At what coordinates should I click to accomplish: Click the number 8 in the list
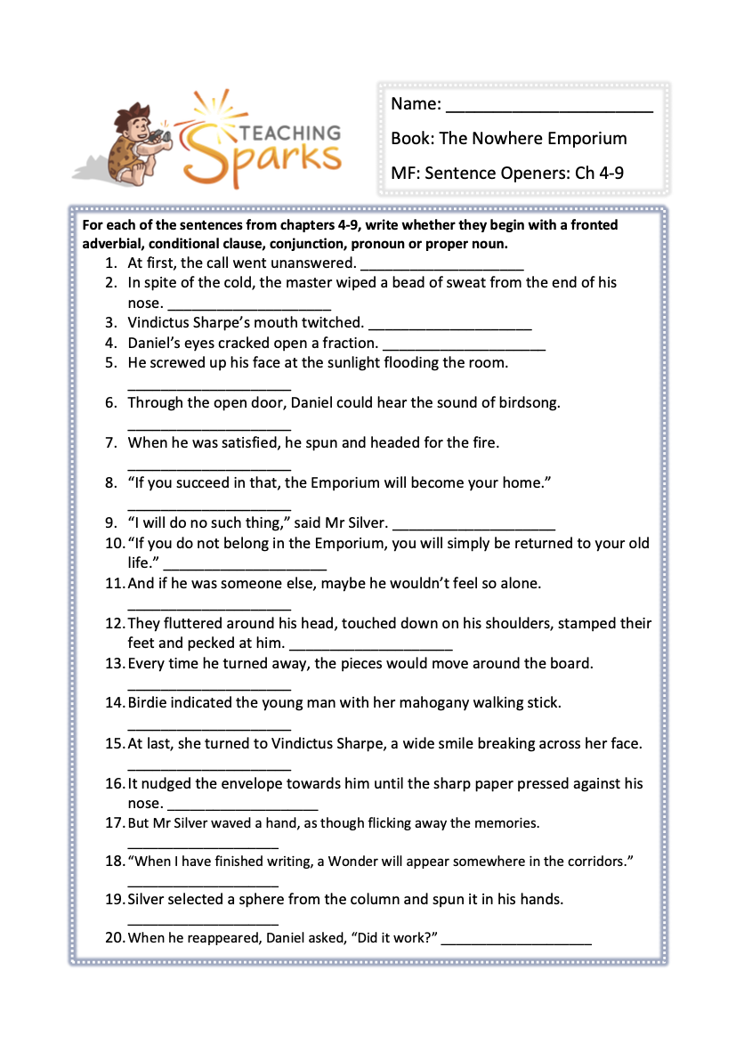click(111, 483)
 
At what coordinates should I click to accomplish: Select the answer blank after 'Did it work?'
click(516, 940)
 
